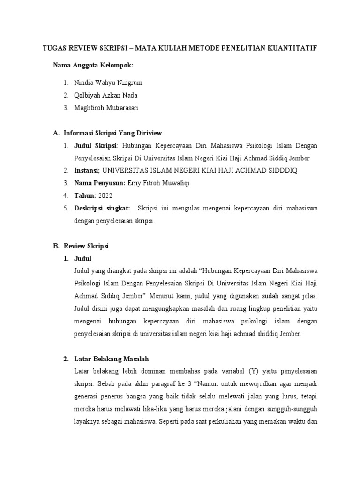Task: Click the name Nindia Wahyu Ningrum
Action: (x=108, y=82)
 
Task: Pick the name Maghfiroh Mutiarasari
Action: (x=106, y=108)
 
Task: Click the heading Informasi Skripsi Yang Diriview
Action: (x=112, y=133)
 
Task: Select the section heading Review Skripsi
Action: (x=86, y=246)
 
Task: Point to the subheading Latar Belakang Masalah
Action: (x=111, y=359)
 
